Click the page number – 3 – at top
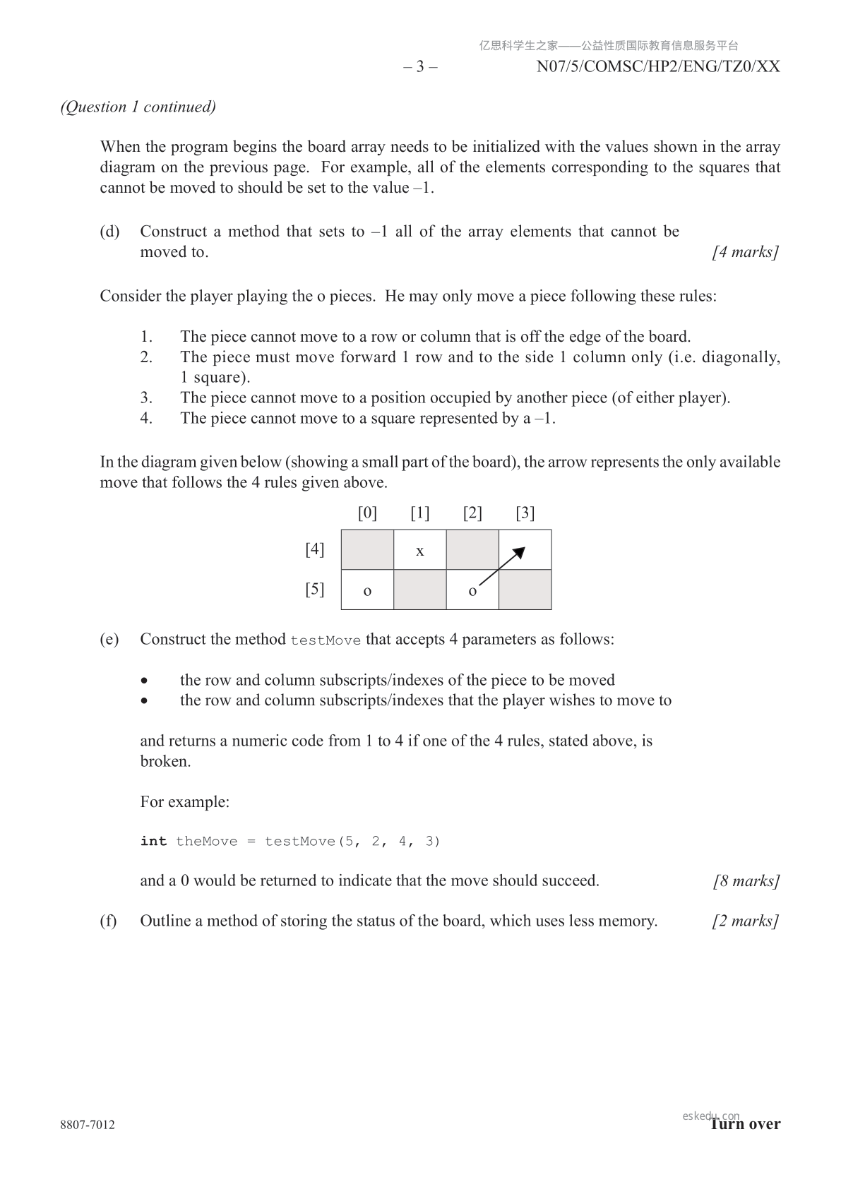click(420, 67)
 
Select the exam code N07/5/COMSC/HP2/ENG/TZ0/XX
click(658, 67)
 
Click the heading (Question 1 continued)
click(138, 107)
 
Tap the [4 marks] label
click(746, 252)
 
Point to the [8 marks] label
click(746, 881)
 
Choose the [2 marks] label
click(746, 921)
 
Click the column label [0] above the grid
click(367, 513)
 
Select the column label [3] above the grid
click(525, 513)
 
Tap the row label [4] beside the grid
click(315, 549)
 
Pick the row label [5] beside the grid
click(315, 589)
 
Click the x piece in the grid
click(420, 551)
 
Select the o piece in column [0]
click(367, 590)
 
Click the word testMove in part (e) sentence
click(326, 640)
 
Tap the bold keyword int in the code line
click(153, 841)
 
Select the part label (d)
click(109, 232)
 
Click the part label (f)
click(108, 921)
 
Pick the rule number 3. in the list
click(146, 398)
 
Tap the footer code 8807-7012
click(88, 1125)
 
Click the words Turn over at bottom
click(745, 1124)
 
